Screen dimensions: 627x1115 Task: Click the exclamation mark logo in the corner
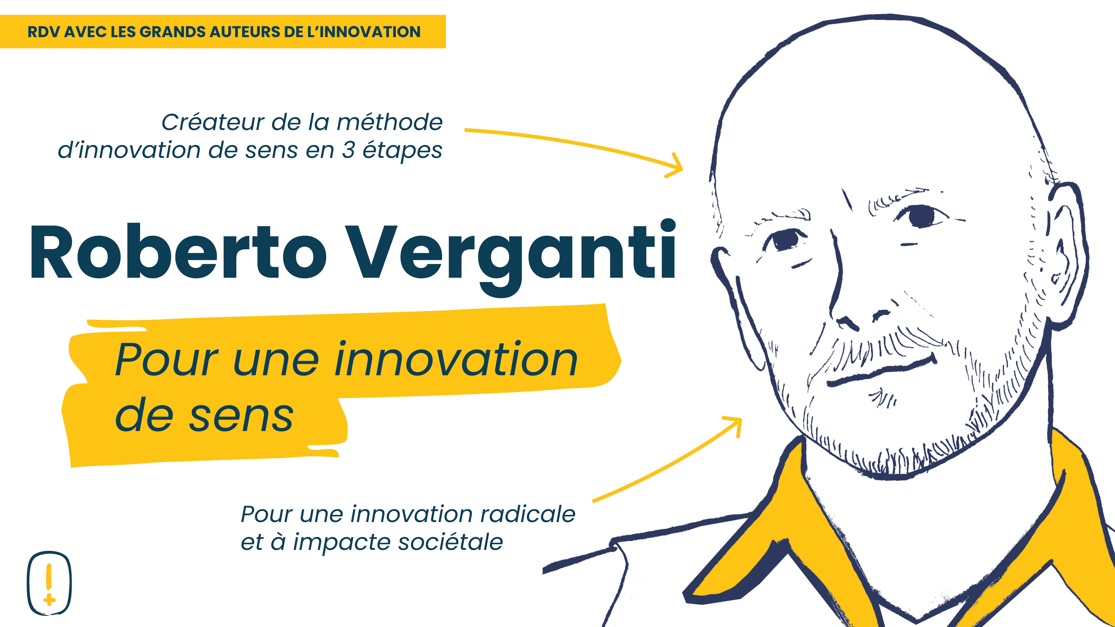click(49, 583)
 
